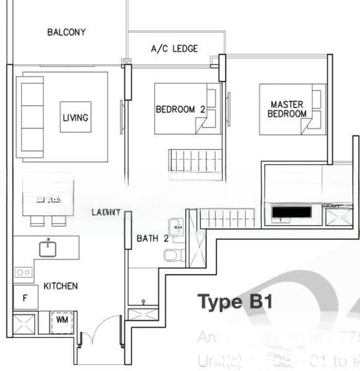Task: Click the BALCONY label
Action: [66, 32]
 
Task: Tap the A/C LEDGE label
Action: [174, 48]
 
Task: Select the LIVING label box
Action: [75, 117]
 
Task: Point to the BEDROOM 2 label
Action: [180, 109]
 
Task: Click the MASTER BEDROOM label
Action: [287, 109]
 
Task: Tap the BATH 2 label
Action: [148, 238]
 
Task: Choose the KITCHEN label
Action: [61, 286]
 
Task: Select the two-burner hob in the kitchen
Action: [24, 272]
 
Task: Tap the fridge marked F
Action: [25, 298]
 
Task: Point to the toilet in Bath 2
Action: [170, 254]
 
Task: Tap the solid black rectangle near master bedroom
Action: [292, 213]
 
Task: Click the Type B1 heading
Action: [234, 302]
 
